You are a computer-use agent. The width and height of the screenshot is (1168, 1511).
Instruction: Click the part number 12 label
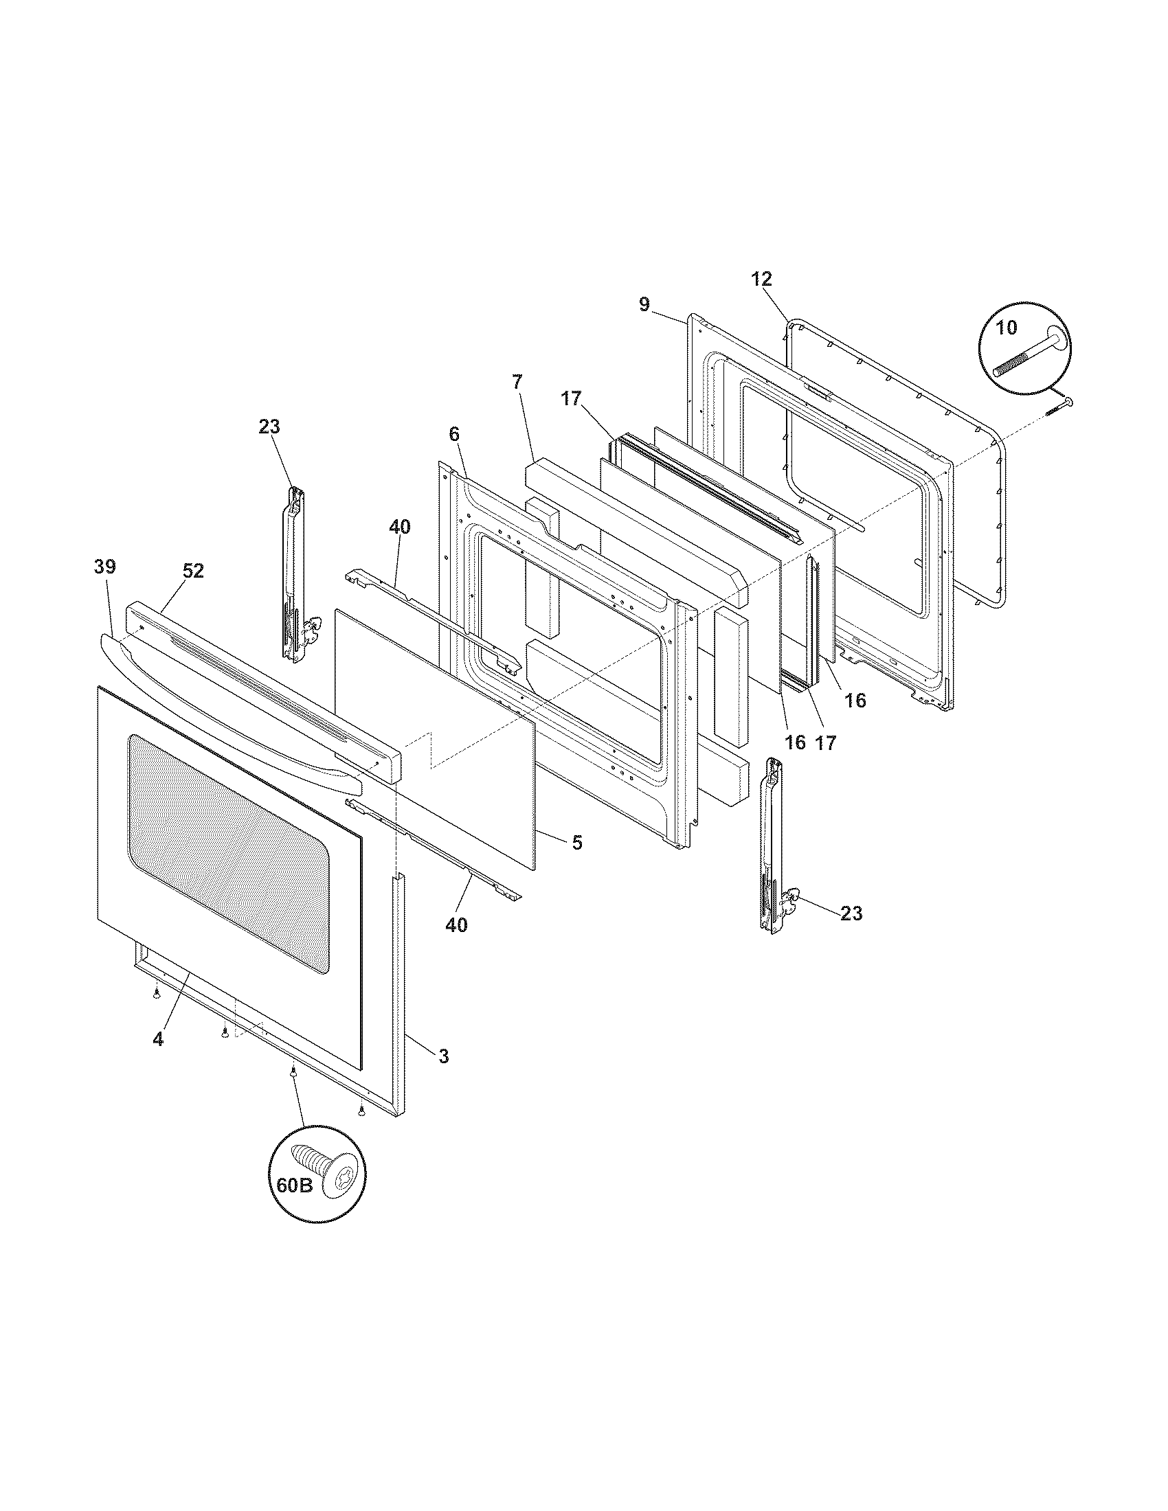pyautogui.click(x=761, y=280)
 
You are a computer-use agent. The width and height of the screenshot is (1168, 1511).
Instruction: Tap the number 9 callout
pyautogui.click(x=644, y=304)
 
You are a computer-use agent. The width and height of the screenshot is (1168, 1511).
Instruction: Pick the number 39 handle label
pyautogui.click(x=105, y=567)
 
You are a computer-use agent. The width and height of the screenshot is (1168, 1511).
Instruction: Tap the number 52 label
pyautogui.click(x=193, y=571)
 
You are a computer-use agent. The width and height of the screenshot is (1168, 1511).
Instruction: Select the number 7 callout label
pyautogui.click(x=518, y=381)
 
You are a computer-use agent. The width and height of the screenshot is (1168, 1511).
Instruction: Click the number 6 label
pyautogui.click(x=454, y=434)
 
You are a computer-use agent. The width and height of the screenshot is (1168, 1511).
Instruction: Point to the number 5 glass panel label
pyautogui.click(x=577, y=843)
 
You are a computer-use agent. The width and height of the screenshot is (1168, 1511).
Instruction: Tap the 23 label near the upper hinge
pyautogui.click(x=269, y=427)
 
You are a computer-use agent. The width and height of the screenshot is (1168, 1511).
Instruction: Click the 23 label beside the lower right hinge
pyautogui.click(x=851, y=913)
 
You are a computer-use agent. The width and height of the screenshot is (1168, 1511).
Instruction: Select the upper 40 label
pyautogui.click(x=399, y=527)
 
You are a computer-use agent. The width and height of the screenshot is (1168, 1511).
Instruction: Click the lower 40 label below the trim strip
pyautogui.click(x=456, y=925)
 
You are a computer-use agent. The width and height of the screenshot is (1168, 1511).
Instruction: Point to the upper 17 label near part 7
pyautogui.click(x=572, y=399)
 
